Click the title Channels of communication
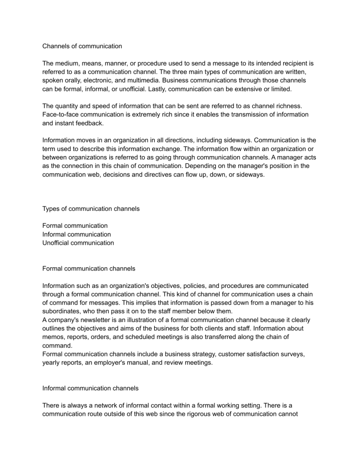(x=82, y=46)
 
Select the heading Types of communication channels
(x=90, y=209)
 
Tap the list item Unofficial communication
(x=78, y=243)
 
